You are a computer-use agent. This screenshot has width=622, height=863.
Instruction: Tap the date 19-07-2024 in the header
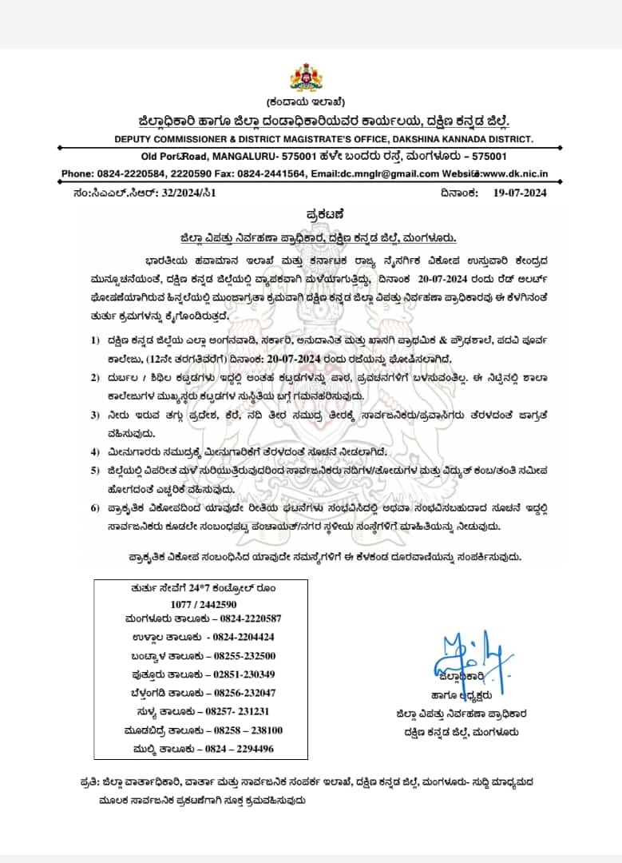click(520, 193)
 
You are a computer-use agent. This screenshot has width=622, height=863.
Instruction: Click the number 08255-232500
click(240, 655)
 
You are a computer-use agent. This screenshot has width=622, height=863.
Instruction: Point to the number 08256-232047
click(240, 693)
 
